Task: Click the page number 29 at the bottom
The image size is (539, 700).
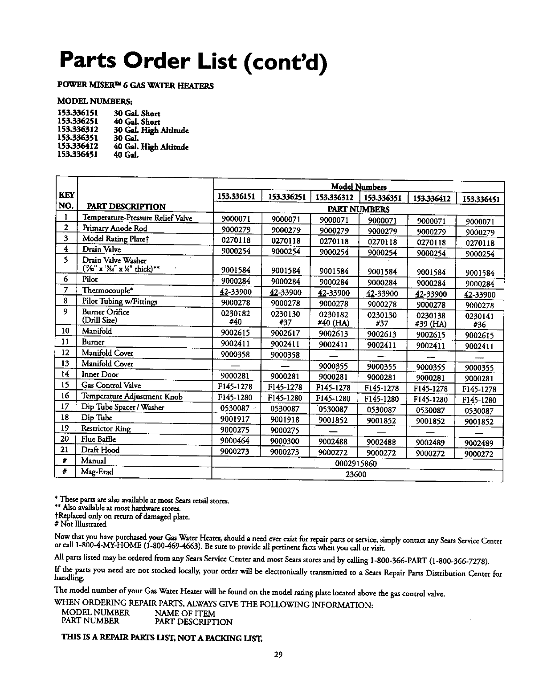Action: click(278, 655)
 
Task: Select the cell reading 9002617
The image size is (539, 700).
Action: click(285, 333)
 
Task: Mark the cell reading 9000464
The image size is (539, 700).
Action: click(235, 441)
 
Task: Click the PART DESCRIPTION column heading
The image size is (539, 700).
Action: click(126, 207)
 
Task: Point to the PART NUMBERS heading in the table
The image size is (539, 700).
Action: click(358, 209)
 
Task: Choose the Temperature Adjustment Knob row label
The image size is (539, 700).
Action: click(132, 396)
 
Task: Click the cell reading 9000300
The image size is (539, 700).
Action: click(285, 441)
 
